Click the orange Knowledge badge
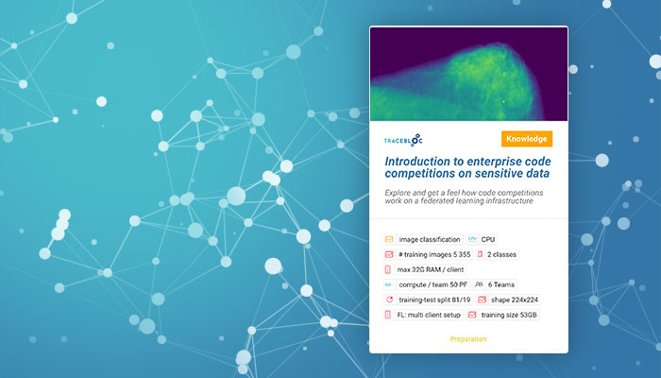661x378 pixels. (527, 139)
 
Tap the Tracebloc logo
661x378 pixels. (403, 141)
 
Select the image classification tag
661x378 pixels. (423, 240)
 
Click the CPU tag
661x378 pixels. (482, 240)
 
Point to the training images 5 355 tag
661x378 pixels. (428, 254)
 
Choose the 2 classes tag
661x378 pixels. (497, 254)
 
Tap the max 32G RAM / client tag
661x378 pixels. (425, 269)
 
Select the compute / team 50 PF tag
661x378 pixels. (426, 284)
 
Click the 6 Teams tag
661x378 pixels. (495, 284)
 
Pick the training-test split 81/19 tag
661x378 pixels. (428, 300)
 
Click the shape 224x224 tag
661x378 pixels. (508, 300)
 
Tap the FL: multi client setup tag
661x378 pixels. (423, 315)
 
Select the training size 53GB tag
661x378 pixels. (503, 315)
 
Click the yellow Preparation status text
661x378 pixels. (468, 339)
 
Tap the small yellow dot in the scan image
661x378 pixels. (503, 101)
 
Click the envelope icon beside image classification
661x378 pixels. (389, 240)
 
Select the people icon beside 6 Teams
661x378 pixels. (479, 284)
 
